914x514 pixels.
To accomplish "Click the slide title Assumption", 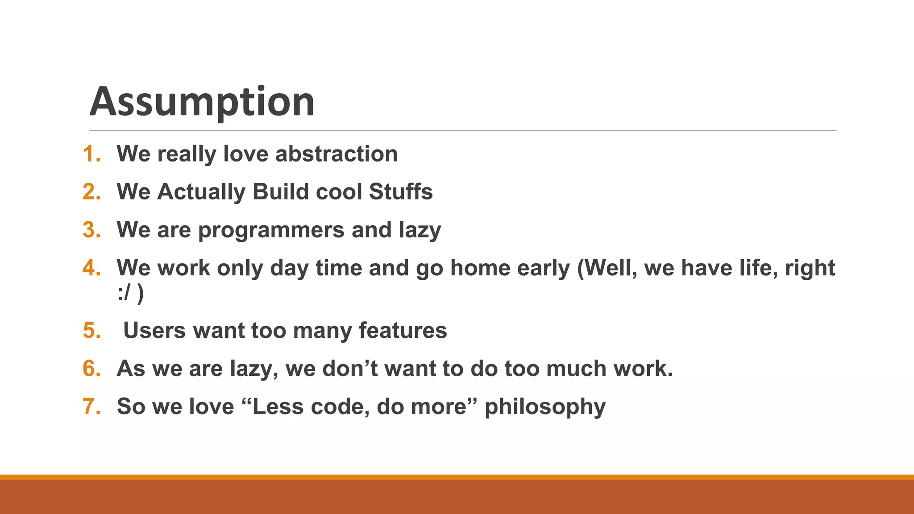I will point(202,102).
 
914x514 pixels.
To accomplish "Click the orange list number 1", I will point(91,154).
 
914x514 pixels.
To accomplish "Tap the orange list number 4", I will point(91,268).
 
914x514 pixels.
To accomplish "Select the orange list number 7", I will point(91,406).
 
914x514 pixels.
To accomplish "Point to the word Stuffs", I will point(400,192).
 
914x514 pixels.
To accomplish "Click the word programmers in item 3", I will point(271,231).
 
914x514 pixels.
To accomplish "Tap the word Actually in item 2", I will point(201,192).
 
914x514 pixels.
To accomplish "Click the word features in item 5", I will point(403,331).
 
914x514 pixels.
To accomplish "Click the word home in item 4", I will point(480,268).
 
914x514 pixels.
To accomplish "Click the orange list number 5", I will point(91,331).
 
